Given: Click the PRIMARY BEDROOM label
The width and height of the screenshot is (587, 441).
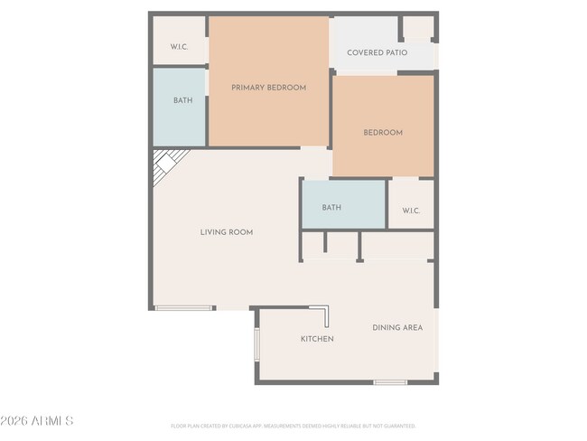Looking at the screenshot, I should click(x=268, y=88).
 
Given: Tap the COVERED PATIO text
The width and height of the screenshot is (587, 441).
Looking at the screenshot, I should click(x=377, y=52).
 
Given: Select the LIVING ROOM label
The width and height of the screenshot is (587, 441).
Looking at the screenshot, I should click(x=226, y=232).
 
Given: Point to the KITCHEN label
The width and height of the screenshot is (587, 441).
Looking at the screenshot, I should click(x=317, y=339).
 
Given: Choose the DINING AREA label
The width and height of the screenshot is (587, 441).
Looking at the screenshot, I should click(x=397, y=327).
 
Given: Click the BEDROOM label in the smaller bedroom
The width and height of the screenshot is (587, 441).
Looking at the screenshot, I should click(x=383, y=133).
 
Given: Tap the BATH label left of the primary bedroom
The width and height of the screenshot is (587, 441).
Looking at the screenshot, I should click(x=182, y=100).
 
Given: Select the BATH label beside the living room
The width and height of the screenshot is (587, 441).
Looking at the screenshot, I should click(x=331, y=208).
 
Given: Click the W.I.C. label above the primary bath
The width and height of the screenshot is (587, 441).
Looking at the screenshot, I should click(x=179, y=47).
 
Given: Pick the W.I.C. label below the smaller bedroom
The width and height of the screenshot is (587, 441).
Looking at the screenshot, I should click(x=411, y=211).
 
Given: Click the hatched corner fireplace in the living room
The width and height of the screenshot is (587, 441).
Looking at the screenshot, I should click(x=165, y=164).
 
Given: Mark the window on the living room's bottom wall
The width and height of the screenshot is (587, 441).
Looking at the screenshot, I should click(x=184, y=308).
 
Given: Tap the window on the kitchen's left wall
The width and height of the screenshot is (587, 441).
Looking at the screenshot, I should click(x=256, y=348).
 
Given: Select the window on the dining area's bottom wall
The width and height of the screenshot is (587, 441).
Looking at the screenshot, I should click(x=390, y=382).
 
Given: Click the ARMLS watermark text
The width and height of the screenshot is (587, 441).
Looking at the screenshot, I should click(x=52, y=421).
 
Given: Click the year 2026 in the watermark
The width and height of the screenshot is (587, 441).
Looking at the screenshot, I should click(x=15, y=421).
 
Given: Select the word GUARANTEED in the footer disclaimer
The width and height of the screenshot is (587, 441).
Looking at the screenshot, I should click(x=398, y=426).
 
